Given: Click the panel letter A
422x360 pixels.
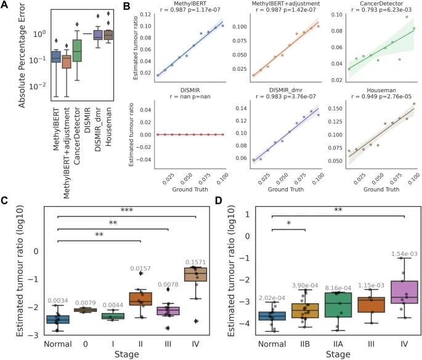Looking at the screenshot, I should (5, 6).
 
